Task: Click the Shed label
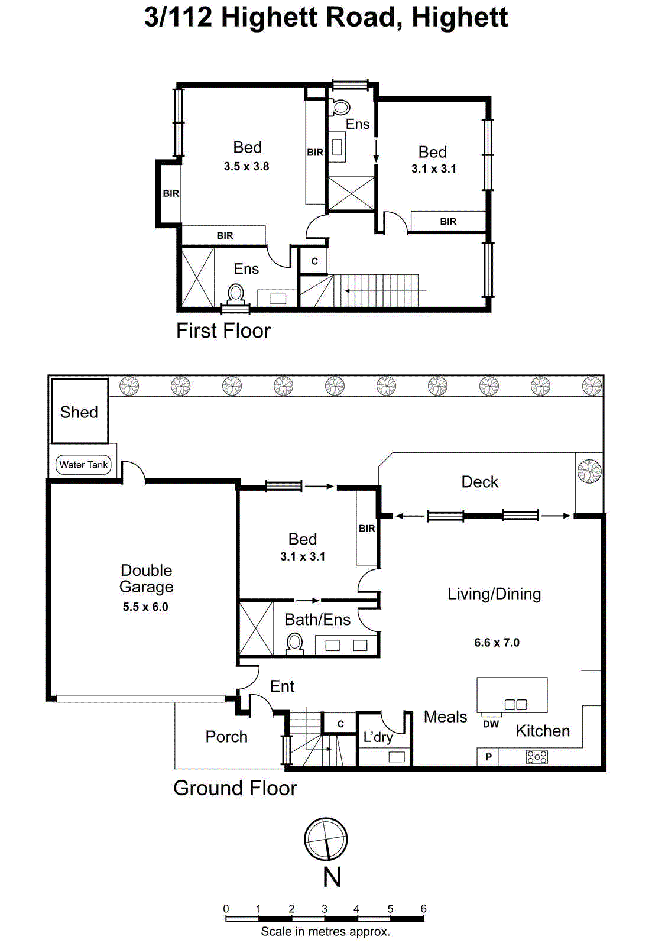(79, 412)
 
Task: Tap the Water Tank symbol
(83, 465)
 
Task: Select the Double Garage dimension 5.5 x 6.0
(145, 607)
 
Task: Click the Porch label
(226, 737)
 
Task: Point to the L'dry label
(378, 737)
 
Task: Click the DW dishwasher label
(491, 724)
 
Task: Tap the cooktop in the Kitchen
(537, 757)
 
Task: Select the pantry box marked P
(488, 757)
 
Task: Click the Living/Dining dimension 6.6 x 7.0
(497, 643)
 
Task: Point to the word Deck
(479, 482)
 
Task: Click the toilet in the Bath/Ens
(294, 643)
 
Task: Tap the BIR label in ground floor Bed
(367, 529)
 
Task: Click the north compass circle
(326, 839)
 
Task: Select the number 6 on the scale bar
(423, 909)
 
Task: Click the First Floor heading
(223, 331)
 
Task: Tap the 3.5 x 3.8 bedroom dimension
(246, 167)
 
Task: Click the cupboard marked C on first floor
(314, 261)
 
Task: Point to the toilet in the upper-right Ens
(340, 107)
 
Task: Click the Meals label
(445, 717)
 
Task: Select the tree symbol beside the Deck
(589, 472)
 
